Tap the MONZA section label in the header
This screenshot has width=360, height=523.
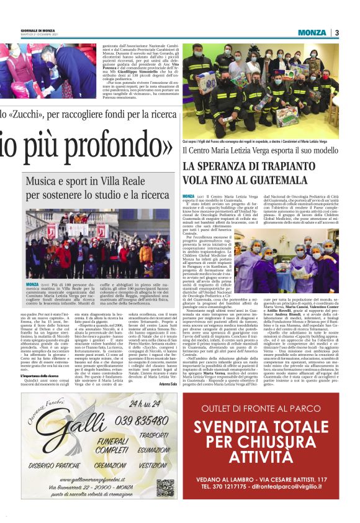(312, 32)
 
